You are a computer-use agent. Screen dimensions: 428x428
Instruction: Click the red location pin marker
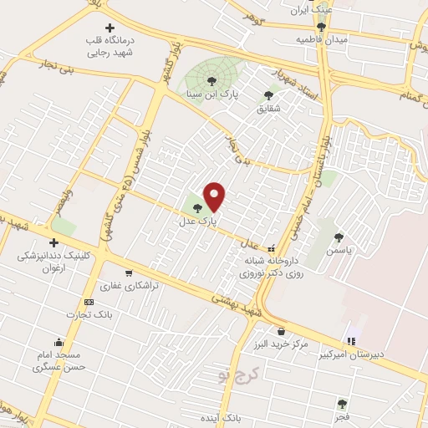click(215, 196)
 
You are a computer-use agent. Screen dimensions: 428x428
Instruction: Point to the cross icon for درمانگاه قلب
click(109, 28)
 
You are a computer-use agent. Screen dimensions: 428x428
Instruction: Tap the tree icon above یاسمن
click(339, 237)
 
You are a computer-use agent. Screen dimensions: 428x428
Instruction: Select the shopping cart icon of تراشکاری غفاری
click(128, 272)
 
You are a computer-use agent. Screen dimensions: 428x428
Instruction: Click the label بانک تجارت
click(92, 314)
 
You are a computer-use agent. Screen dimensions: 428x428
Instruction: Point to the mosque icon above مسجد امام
click(58, 342)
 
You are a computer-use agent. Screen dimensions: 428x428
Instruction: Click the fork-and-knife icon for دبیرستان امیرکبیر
click(351, 341)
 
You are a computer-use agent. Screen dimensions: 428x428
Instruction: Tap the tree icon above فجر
click(343, 402)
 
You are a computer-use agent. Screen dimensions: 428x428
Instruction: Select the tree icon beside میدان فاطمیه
click(321, 27)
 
